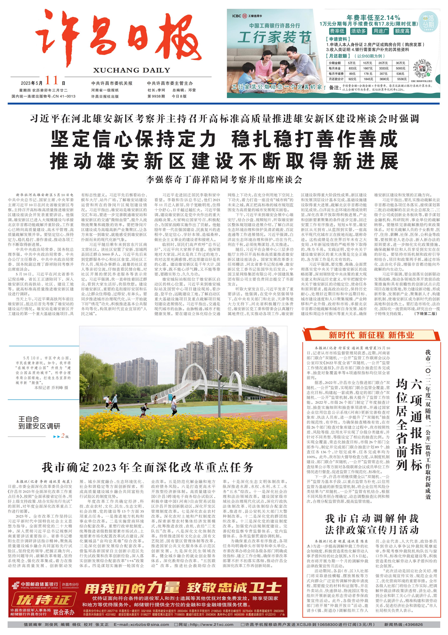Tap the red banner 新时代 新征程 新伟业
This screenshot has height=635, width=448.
click(371, 335)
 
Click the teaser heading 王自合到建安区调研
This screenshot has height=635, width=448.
click(39, 423)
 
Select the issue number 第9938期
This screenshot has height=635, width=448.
click(156, 96)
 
